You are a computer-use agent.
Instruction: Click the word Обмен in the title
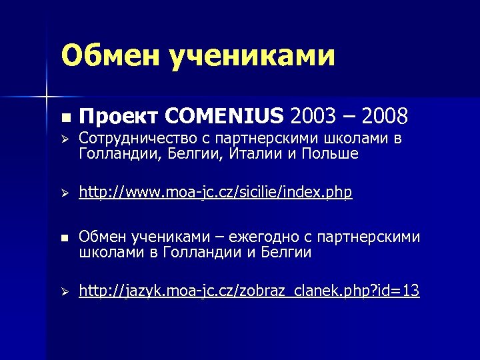pos(107,56)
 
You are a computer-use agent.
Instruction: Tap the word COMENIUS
pos(223,117)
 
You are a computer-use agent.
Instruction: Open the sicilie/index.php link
pos(215,193)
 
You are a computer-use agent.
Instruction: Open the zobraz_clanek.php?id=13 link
pos(249,291)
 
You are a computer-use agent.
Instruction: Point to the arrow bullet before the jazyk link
pos(64,292)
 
